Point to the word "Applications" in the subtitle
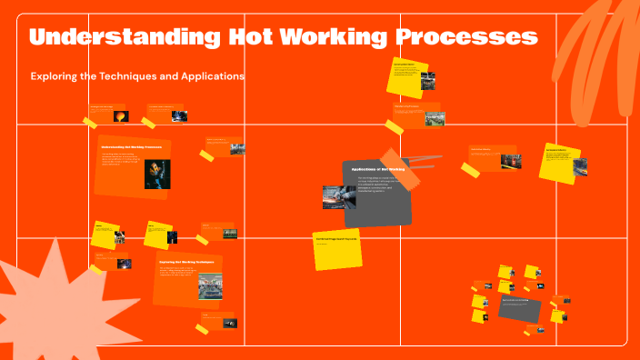(210, 77)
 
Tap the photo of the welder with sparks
(157, 174)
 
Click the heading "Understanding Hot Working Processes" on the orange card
(131, 146)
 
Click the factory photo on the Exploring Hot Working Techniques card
(210, 286)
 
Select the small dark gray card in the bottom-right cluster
(519, 308)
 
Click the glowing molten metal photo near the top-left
(120, 115)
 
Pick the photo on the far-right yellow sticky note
(579, 167)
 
